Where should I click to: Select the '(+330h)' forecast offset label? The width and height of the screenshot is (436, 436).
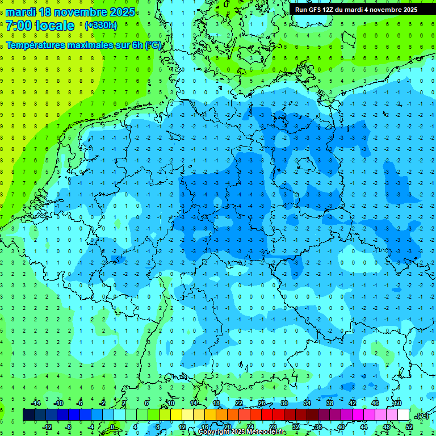[x=101, y=26]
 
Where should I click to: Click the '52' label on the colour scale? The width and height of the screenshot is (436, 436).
[x=409, y=427]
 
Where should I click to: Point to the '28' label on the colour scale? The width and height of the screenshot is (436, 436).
[x=273, y=427]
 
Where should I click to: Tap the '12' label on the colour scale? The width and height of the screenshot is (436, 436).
[x=182, y=427]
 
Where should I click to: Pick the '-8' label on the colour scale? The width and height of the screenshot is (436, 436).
[x=69, y=427]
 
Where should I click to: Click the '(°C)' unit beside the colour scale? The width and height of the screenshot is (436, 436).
[x=422, y=416]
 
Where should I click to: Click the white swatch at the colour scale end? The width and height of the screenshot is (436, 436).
[x=404, y=415]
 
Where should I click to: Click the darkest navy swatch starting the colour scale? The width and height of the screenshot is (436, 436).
[x=28, y=415]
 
